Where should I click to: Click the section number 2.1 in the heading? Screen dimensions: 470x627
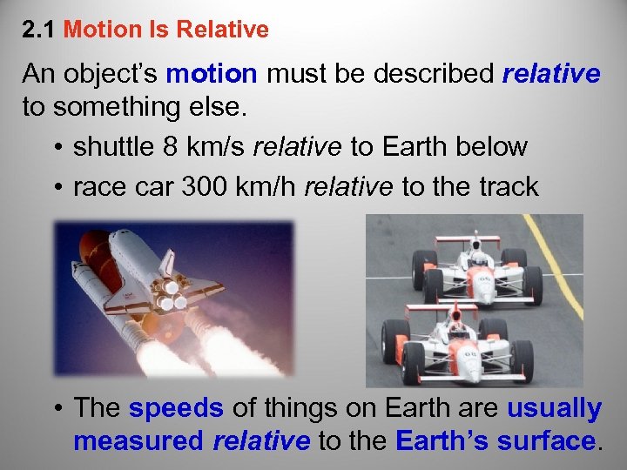[39, 30]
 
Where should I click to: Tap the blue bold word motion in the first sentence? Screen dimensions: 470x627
[211, 74]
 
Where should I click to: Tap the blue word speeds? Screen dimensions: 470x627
[176, 407]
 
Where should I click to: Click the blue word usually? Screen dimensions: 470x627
[554, 407]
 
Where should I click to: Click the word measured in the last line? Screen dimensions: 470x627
[138, 440]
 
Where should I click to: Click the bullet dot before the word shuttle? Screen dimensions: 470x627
[57, 147]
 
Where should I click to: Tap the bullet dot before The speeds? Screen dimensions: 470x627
[57, 408]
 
